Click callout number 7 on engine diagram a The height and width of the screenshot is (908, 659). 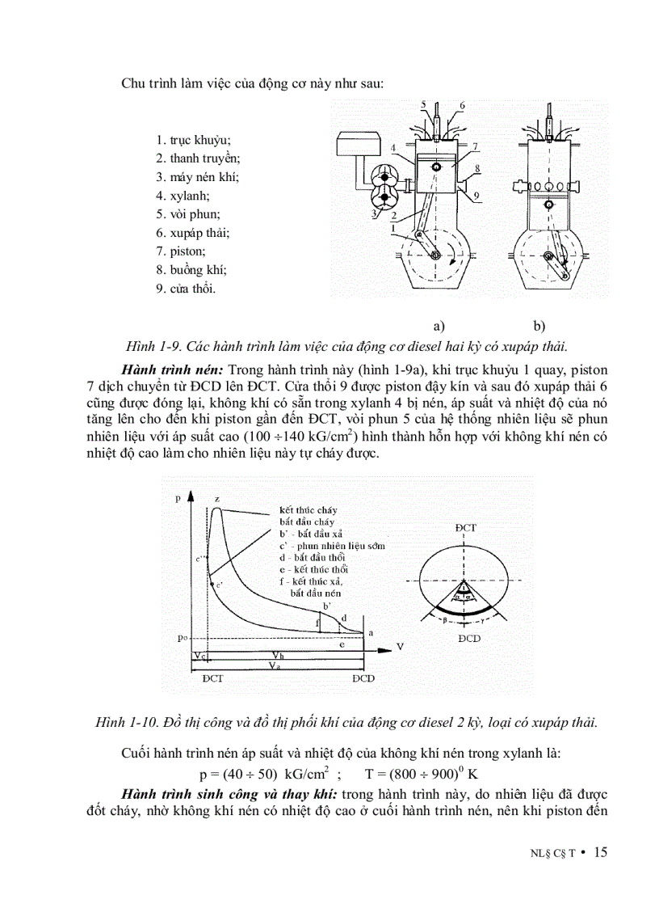[x=476, y=146]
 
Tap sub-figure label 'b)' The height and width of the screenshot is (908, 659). [x=539, y=327]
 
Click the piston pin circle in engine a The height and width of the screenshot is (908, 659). [x=437, y=167]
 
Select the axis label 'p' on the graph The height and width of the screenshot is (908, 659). [x=178, y=499]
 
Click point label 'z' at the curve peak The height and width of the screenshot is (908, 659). [x=216, y=498]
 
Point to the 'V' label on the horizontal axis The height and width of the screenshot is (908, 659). [x=399, y=646]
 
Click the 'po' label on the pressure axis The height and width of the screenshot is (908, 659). [x=183, y=638]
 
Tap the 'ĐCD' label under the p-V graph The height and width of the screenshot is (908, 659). [x=363, y=678]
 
